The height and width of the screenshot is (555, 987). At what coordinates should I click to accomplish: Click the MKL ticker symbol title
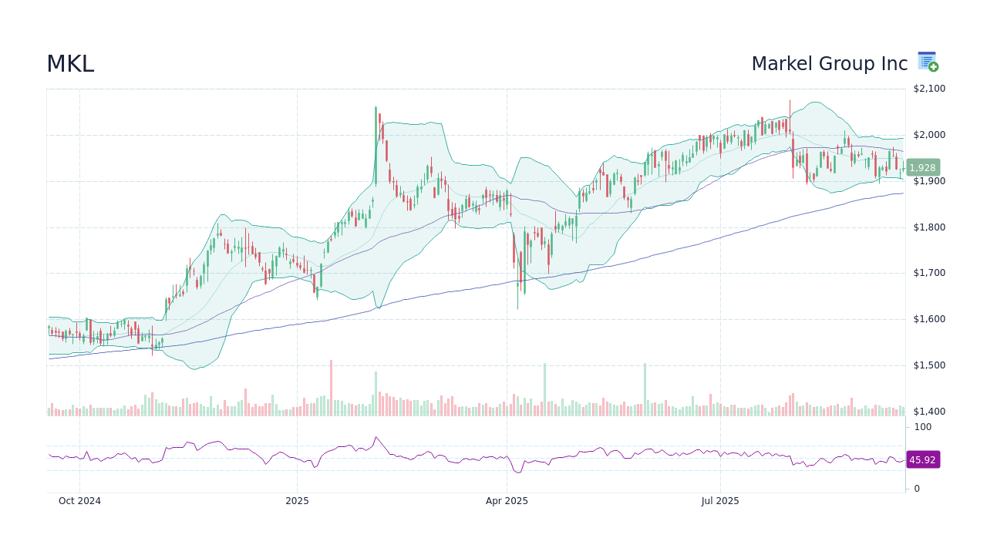(70, 65)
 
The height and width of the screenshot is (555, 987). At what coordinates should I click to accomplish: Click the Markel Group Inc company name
(829, 65)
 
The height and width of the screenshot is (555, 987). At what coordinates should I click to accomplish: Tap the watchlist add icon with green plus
(928, 62)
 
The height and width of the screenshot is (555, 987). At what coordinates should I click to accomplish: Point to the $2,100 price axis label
(928, 89)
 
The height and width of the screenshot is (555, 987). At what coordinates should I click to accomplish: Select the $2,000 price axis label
(928, 135)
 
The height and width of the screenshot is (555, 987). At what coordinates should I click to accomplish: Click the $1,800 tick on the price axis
(928, 227)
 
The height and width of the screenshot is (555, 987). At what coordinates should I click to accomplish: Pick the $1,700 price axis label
(928, 273)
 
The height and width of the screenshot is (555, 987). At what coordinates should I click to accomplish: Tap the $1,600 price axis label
(928, 319)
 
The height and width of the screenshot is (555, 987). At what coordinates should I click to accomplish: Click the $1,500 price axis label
(928, 365)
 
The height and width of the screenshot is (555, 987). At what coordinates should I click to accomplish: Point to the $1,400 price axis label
(928, 412)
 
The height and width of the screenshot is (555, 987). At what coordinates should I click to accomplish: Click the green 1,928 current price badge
(922, 168)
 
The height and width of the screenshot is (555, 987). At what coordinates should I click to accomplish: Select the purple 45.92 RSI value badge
(922, 460)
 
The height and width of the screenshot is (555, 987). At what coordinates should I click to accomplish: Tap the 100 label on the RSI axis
(922, 427)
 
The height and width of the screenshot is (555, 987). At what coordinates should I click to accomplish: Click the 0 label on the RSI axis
(917, 489)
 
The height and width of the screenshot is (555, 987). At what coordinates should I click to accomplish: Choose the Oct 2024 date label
(79, 501)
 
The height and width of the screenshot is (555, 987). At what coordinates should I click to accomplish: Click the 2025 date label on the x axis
(297, 501)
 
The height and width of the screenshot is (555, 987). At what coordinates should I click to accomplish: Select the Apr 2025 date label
(507, 501)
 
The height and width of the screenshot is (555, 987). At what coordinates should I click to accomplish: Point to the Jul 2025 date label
(720, 501)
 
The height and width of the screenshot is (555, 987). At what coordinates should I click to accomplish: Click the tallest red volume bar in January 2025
(331, 388)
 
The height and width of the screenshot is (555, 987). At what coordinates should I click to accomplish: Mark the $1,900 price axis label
(928, 181)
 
